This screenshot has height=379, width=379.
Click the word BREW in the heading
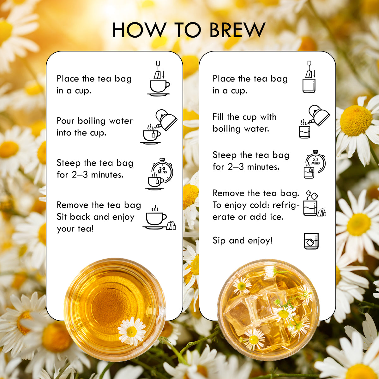coord(237,30)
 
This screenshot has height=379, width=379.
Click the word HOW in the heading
coord(139,30)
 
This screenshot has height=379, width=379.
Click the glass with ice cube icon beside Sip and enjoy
coord(311,241)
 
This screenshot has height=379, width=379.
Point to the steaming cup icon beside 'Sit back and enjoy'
coord(156,218)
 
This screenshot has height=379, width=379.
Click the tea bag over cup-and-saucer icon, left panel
coord(159,79)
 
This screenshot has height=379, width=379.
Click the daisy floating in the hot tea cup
coord(132,331)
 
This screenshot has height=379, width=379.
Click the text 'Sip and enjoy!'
coord(242,241)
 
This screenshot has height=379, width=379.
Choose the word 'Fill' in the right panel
coord(218,117)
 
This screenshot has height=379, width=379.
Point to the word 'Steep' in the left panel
coord(69,163)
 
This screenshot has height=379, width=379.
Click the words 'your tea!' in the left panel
coord(75,229)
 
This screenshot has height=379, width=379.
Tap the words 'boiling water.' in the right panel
coord(241,129)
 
